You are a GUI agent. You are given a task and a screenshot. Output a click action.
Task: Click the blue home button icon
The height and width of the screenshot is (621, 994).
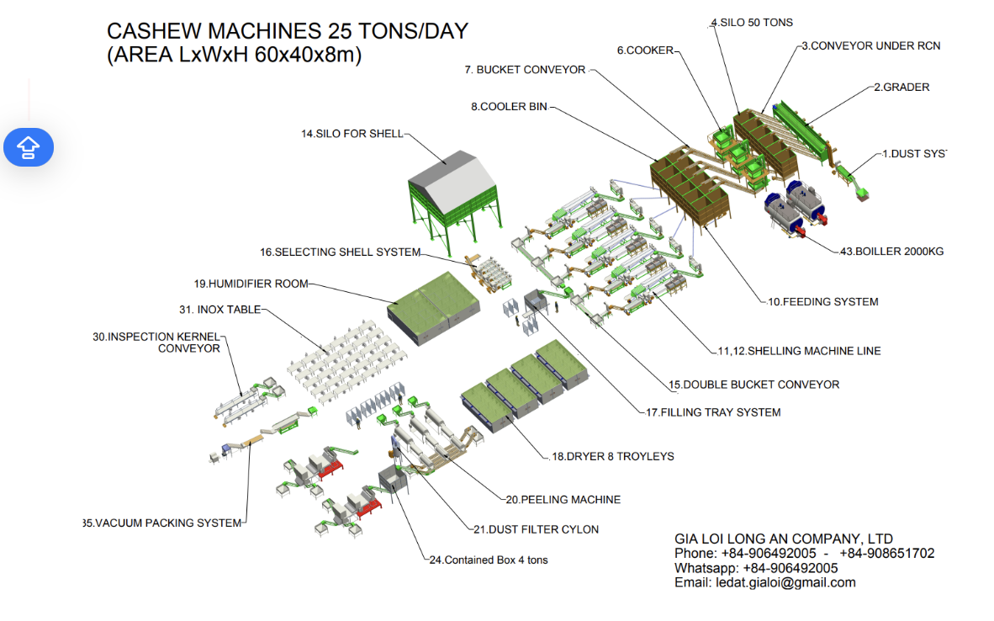pyautogui.click(x=29, y=147)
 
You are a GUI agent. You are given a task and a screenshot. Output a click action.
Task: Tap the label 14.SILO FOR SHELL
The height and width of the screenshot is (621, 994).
pyautogui.click(x=352, y=134)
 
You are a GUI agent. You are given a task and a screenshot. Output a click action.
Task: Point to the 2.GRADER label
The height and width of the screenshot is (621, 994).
pyautogui.click(x=901, y=87)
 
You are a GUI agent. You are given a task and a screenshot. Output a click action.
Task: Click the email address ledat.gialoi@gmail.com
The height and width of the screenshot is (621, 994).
pyautogui.click(x=764, y=582)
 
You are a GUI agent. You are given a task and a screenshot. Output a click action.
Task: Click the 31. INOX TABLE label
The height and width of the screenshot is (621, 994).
pyautogui.click(x=219, y=309)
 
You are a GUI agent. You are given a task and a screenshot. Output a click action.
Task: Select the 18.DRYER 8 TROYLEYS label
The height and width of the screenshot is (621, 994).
pyautogui.click(x=612, y=456)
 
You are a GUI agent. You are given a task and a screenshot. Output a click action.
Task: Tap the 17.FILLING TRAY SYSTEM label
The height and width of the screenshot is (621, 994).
pyautogui.click(x=713, y=412)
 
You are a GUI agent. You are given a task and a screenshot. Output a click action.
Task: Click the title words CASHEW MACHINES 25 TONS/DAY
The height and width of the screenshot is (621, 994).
pyautogui.click(x=288, y=32)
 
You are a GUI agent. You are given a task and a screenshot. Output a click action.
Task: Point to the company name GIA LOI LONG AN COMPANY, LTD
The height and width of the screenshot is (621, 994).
pyautogui.click(x=784, y=539)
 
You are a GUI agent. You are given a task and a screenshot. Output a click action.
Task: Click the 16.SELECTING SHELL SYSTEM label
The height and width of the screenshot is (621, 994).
pyautogui.click(x=340, y=252)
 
